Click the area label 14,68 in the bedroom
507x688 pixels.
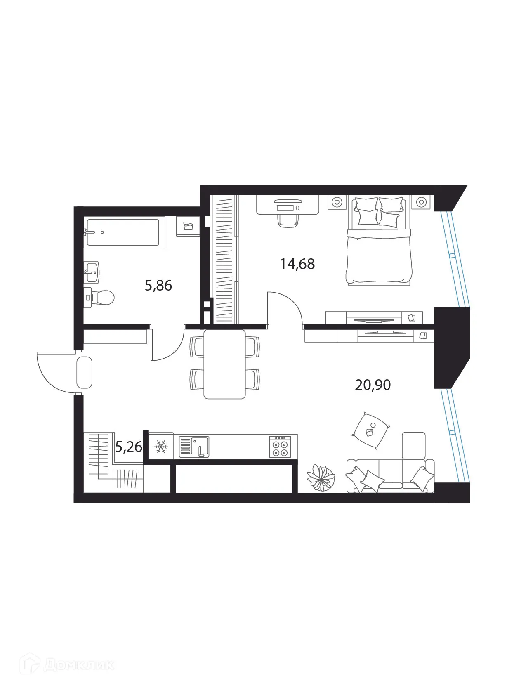(x=297, y=264)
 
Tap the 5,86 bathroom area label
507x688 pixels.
(x=158, y=285)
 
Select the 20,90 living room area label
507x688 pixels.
(x=373, y=385)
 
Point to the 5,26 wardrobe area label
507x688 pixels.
(x=129, y=447)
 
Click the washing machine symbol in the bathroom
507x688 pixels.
(x=188, y=227)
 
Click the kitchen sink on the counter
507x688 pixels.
(x=194, y=447)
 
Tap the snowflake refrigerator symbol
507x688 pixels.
(x=160, y=447)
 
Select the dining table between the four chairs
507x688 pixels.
(x=224, y=364)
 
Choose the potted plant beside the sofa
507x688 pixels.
(x=321, y=478)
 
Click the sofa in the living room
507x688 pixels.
(x=390, y=476)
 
